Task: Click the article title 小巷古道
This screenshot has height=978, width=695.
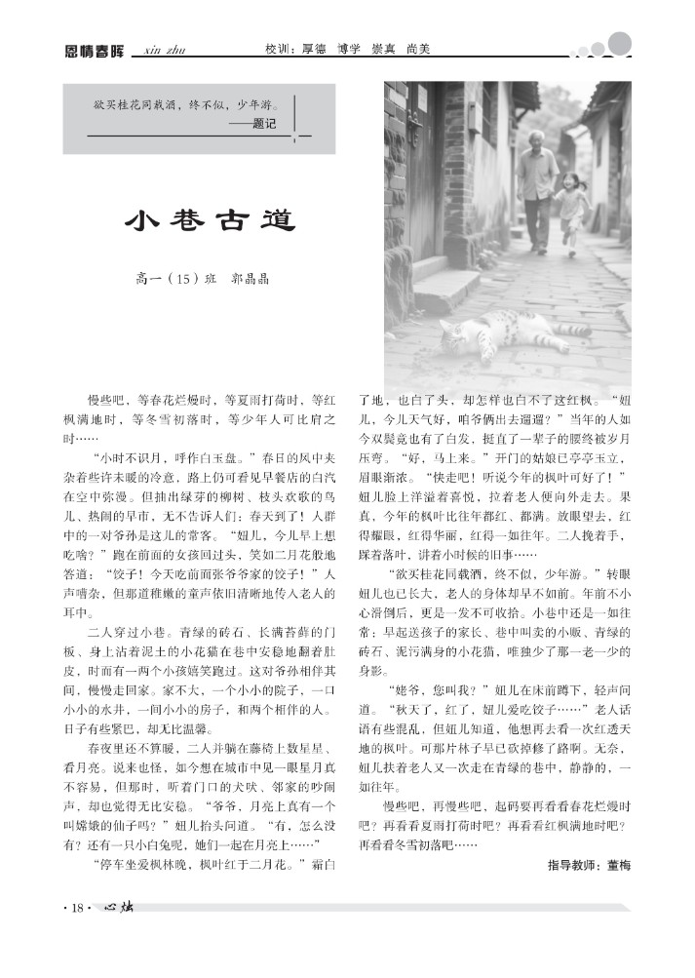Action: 210,220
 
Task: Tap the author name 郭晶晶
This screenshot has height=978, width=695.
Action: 249,279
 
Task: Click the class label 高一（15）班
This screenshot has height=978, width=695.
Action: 174,279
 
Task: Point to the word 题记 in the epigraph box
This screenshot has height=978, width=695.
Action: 263,124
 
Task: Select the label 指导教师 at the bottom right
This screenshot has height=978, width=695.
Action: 573,865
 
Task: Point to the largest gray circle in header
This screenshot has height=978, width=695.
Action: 620,42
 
